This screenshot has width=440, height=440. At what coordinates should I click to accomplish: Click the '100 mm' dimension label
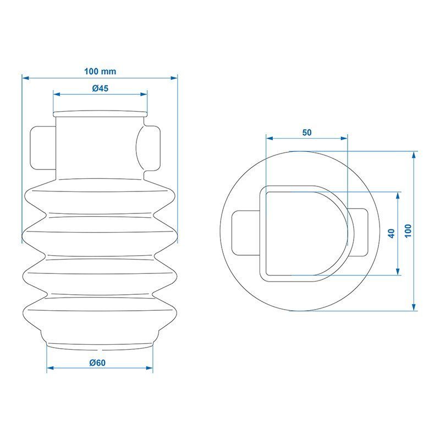(x=100, y=71)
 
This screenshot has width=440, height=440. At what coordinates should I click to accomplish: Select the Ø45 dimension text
(x=100, y=89)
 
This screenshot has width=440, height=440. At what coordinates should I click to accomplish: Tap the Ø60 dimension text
(x=97, y=363)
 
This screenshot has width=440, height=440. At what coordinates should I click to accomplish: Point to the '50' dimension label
(x=307, y=133)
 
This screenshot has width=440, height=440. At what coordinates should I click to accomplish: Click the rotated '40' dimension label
(x=391, y=233)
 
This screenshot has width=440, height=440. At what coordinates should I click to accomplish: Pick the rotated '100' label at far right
(x=408, y=231)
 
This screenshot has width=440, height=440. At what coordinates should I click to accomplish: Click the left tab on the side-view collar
(x=43, y=148)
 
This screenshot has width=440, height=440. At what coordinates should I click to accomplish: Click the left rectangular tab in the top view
(x=246, y=233)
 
